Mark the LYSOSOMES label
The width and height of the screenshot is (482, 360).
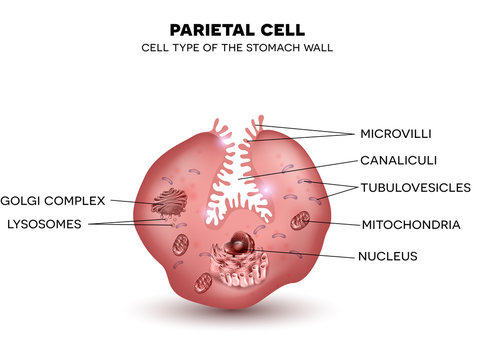[43, 223]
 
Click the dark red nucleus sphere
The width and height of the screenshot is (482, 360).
[241, 241]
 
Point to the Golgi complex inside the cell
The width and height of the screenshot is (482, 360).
[167, 204]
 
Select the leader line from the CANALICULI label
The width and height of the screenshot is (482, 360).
[300, 167]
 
